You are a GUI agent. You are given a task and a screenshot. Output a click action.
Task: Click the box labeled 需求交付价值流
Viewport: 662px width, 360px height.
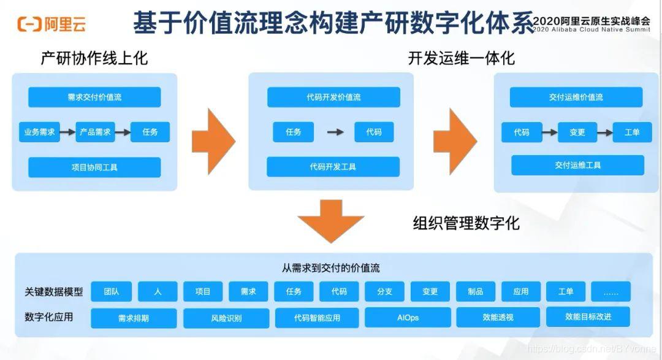[x=94, y=97]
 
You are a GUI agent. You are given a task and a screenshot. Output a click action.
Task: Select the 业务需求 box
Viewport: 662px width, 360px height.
[x=39, y=132]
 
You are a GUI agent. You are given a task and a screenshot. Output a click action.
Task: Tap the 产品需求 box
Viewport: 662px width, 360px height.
[x=95, y=132]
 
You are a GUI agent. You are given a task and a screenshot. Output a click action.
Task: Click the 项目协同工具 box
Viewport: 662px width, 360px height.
[x=94, y=167]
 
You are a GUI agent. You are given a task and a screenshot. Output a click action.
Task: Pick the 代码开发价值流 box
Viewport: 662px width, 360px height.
[x=333, y=97]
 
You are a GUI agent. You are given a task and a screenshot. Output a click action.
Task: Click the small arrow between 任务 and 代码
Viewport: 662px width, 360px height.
[x=335, y=132]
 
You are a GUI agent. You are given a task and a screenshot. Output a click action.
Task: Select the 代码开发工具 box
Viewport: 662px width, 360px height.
[x=333, y=167]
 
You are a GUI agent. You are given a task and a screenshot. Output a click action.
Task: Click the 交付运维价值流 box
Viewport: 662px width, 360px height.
[x=576, y=97]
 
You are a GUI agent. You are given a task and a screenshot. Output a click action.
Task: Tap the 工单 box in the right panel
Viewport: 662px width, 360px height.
[x=632, y=132]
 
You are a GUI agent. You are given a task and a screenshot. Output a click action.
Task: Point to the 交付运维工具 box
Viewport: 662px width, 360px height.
[x=577, y=165]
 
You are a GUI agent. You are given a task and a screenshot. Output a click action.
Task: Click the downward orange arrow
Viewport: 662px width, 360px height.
[x=330, y=220]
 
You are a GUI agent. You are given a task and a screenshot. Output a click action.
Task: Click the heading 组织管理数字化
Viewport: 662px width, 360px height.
[x=466, y=223]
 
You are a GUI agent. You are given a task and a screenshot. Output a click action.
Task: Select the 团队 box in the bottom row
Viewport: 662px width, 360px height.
[x=112, y=292]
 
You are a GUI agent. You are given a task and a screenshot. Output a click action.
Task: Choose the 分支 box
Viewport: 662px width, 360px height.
[x=384, y=292]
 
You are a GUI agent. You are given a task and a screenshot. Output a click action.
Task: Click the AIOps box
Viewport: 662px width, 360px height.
[x=407, y=318]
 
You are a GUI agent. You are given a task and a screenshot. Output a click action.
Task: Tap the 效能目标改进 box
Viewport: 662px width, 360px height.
[x=588, y=317]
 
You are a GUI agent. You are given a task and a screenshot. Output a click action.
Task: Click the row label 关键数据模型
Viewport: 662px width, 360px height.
[x=54, y=292]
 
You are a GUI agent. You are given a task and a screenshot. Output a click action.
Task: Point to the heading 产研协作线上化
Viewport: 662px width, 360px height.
[x=94, y=58]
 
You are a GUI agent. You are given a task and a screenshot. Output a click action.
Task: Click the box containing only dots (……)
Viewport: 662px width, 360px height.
[x=611, y=292]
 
